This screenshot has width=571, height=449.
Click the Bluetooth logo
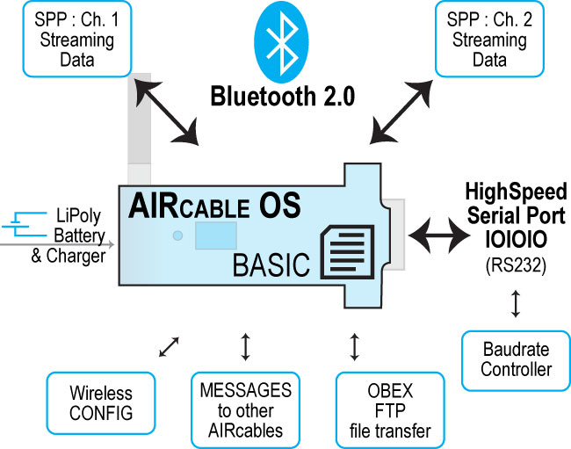point(281,41)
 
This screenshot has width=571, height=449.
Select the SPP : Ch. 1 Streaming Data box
point(76,39)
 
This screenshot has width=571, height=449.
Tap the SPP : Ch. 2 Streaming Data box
point(489,39)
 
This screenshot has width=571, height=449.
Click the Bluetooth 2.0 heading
point(283,96)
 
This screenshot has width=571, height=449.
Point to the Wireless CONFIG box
point(101,403)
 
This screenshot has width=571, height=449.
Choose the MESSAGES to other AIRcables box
point(245,410)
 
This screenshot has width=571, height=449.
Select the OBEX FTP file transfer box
point(390,410)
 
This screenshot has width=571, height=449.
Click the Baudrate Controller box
point(516,360)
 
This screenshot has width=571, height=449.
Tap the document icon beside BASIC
point(347,252)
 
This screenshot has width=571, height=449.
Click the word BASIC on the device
point(271,264)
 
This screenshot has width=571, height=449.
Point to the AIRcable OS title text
point(214,206)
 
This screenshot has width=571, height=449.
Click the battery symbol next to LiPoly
point(25,224)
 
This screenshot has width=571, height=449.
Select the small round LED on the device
point(177,235)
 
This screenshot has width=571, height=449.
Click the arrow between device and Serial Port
point(439,235)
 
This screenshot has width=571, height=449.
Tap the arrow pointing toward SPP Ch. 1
point(166,112)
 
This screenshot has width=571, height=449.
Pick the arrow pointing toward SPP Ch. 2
point(401,112)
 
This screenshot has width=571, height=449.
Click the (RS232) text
point(516,265)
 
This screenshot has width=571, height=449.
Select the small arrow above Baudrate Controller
point(516,304)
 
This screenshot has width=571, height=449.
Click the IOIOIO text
point(516,240)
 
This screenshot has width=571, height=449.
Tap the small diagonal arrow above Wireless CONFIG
point(169,347)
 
